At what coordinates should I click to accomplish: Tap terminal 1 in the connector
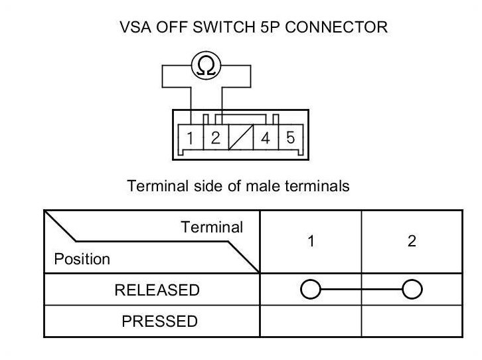(x=190, y=139)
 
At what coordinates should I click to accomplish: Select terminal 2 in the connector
(x=214, y=139)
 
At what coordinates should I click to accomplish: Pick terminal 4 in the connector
(x=265, y=139)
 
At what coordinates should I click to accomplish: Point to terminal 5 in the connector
(x=290, y=139)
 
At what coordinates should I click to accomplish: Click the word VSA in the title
(x=135, y=28)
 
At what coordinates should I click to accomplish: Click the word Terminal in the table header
(x=212, y=227)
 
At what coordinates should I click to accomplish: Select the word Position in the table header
(x=82, y=259)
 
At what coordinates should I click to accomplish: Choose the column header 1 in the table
(x=311, y=242)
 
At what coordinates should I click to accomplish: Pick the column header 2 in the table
(x=412, y=242)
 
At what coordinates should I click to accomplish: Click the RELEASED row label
(x=157, y=290)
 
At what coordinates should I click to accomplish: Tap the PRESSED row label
(x=159, y=321)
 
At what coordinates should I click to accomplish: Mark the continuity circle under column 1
(x=311, y=290)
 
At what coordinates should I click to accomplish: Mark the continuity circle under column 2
(x=412, y=290)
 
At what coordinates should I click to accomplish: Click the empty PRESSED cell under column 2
(x=412, y=321)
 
